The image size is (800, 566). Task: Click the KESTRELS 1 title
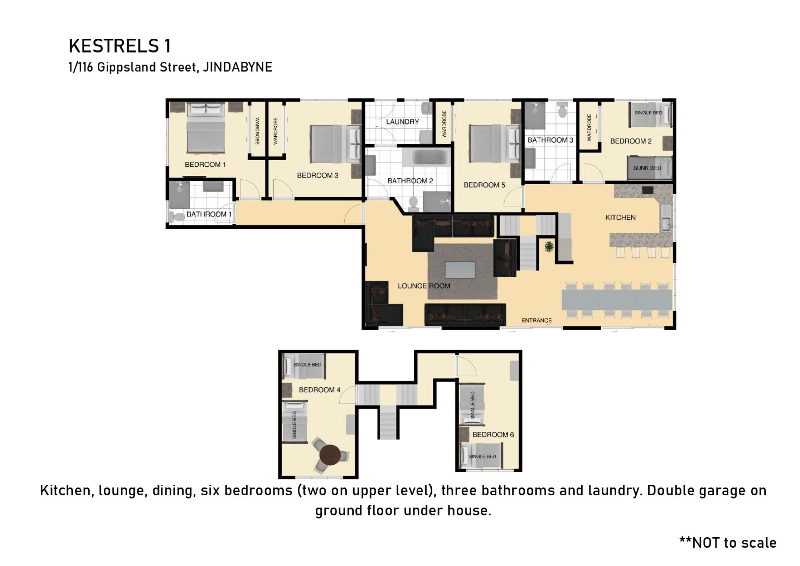(120, 46)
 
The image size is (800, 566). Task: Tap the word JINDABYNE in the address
(237, 67)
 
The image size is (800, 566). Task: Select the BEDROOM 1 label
(205, 165)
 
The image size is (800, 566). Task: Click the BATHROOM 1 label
(209, 214)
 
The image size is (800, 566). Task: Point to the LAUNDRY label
(402, 122)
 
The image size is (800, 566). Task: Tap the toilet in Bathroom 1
(177, 216)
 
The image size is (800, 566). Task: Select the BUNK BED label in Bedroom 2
(647, 168)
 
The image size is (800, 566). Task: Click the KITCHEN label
(620, 218)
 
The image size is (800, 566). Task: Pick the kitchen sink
(665, 224)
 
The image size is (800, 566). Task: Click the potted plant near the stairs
(549, 246)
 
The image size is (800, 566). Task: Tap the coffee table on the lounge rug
(460, 270)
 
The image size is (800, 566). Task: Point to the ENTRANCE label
(537, 321)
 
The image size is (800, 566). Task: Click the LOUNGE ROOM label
(424, 286)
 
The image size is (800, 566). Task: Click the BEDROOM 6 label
(493, 435)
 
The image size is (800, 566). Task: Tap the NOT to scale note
(728, 543)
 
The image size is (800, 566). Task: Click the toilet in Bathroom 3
(562, 110)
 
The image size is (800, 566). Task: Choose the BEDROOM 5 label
(484, 185)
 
